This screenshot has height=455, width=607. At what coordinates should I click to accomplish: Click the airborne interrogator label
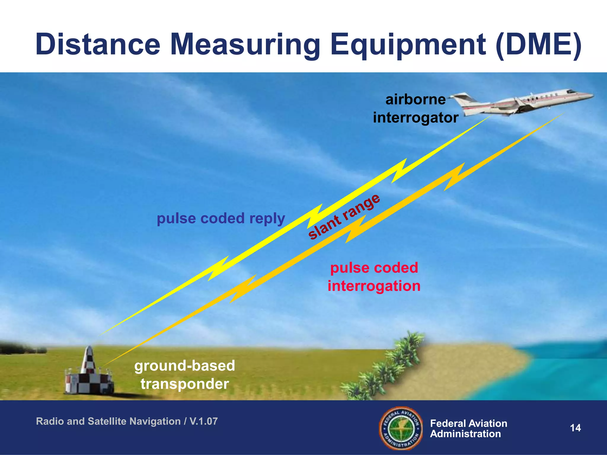pyautogui.click(x=416, y=108)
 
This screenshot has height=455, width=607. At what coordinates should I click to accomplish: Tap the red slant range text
pyautogui.click(x=344, y=217)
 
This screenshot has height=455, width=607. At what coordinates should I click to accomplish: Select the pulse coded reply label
pyautogui.click(x=221, y=218)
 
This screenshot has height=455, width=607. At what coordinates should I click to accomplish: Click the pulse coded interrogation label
pyautogui.click(x=374, y=277)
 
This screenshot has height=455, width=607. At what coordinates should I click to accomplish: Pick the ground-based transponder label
pyautogui.click(x=185, y=375)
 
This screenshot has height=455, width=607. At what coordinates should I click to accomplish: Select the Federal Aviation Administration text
pyautogui.click(x=468, y=429)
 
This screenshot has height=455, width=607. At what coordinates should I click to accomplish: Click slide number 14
pyautogui.click(x=575, y=428)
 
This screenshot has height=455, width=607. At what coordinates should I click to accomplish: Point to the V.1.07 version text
pyautogui.click(x=204, y=421)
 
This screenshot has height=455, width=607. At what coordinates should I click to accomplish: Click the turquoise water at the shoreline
pyautogui.click(x=563, y=370)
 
